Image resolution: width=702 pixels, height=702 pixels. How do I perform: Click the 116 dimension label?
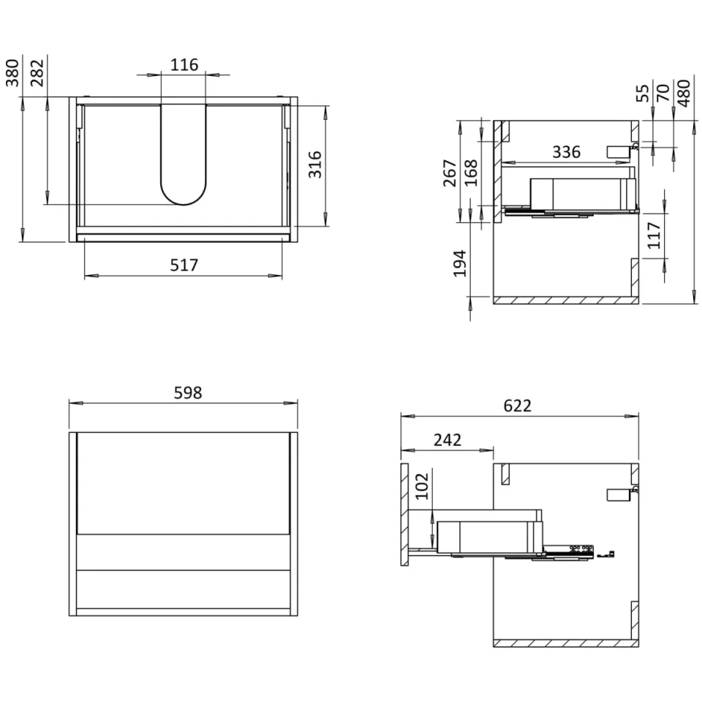[x=184, y=65]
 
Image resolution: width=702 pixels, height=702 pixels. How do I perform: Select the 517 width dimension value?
[x=184, y=265]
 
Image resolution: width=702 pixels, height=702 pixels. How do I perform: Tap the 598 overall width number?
[x=187, y=393]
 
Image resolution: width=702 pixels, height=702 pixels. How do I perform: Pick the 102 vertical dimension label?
[x=422, y=486]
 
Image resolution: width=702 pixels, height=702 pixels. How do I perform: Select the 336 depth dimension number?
[x=566, y=152]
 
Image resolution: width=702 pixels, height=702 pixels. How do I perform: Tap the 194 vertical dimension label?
[x=459, y=263]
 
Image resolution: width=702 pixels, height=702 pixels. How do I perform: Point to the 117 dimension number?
[x=654, y=235]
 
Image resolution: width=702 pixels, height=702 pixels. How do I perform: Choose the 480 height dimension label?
[x=684, y=93]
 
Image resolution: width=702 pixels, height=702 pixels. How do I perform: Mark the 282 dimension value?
[x=37, y=72]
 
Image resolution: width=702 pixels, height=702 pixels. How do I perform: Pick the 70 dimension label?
[x=663, y=93]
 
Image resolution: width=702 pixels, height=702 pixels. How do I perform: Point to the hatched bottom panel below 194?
[x=564, y=300]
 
